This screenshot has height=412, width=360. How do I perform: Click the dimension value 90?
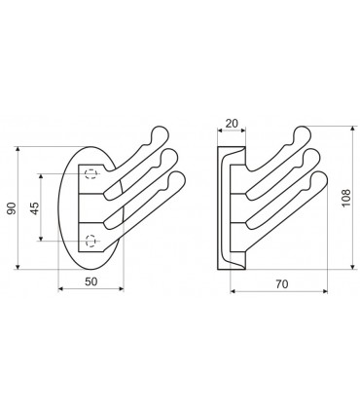coord(12,208)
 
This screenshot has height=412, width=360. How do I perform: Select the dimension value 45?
coord(35,208)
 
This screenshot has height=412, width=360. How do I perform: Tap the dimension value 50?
coord(91,281)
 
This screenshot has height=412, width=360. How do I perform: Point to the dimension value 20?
coord(232,124)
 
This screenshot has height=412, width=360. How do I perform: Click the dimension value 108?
coord(345,198)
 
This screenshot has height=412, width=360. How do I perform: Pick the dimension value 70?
coord(282,284)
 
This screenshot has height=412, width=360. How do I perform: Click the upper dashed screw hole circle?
coord(90,174)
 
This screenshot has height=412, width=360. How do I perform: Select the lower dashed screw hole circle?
coord(90,241)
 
